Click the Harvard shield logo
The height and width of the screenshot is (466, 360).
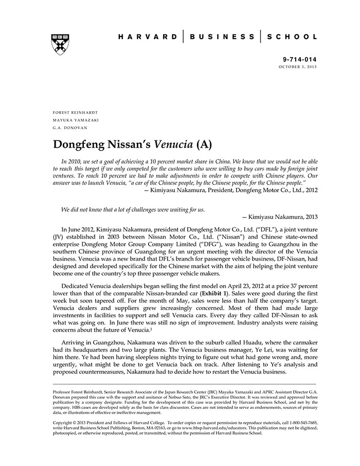tap(61, 45)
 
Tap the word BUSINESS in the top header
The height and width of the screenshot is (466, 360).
tap(222, 37)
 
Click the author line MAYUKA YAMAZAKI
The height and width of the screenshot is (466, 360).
tap(76, 120)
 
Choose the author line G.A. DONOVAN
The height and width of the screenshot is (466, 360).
tap(70, 128)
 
